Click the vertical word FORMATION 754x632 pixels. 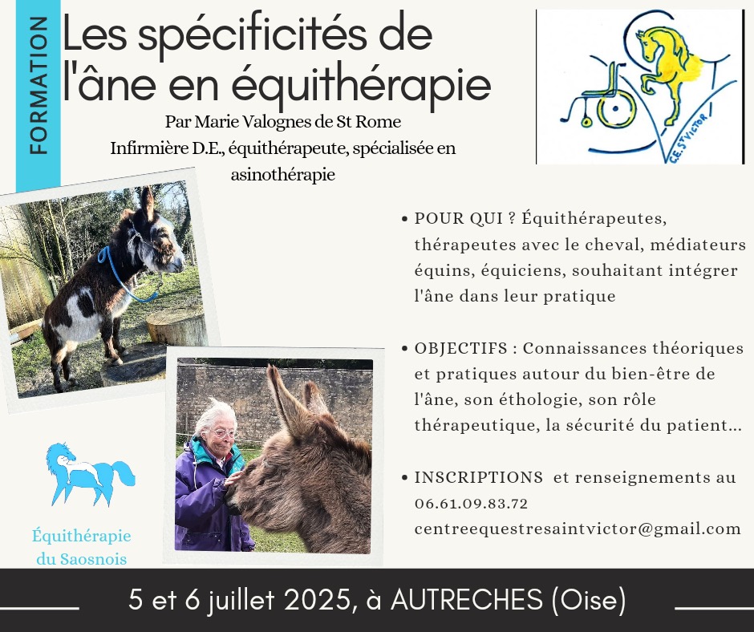click(x=39, y=86)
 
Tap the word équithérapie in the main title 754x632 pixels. click(x=361, y=86)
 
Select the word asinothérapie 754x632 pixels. click(x=282, y=174)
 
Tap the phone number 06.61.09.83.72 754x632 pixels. click(x=472, y=504)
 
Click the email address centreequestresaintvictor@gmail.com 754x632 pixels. click(x=578, y=529)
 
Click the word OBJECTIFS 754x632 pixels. click(x=461, y=348)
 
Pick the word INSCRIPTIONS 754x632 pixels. click(x=478, y=477)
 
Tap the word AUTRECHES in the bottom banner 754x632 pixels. click(x=467, y=600)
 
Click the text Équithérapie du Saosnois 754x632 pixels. click(x=82, y=547)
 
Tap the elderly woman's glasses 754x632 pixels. click(x=223, y=433)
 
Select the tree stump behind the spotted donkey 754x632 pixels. click(x=177, y=328)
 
